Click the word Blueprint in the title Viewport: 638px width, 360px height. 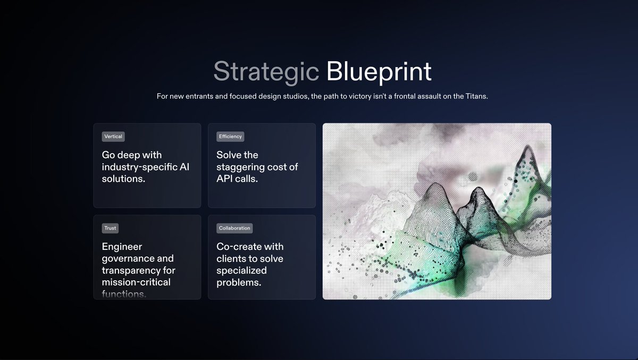click(379, 71)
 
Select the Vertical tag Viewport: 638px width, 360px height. click(113, 137)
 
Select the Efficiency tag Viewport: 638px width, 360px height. click(230, 137)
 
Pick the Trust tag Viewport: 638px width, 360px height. click(110, 228)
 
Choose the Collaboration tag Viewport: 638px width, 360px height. click(234, 228)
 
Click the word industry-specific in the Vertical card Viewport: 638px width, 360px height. click(139, 167)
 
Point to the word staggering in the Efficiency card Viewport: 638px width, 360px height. click(241, 167)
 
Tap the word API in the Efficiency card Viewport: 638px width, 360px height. click(225, 179)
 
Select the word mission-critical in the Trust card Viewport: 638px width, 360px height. click(136, 282)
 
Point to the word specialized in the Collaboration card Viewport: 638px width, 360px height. click(241, 271)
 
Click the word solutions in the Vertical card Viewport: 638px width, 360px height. click(122, 179)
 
